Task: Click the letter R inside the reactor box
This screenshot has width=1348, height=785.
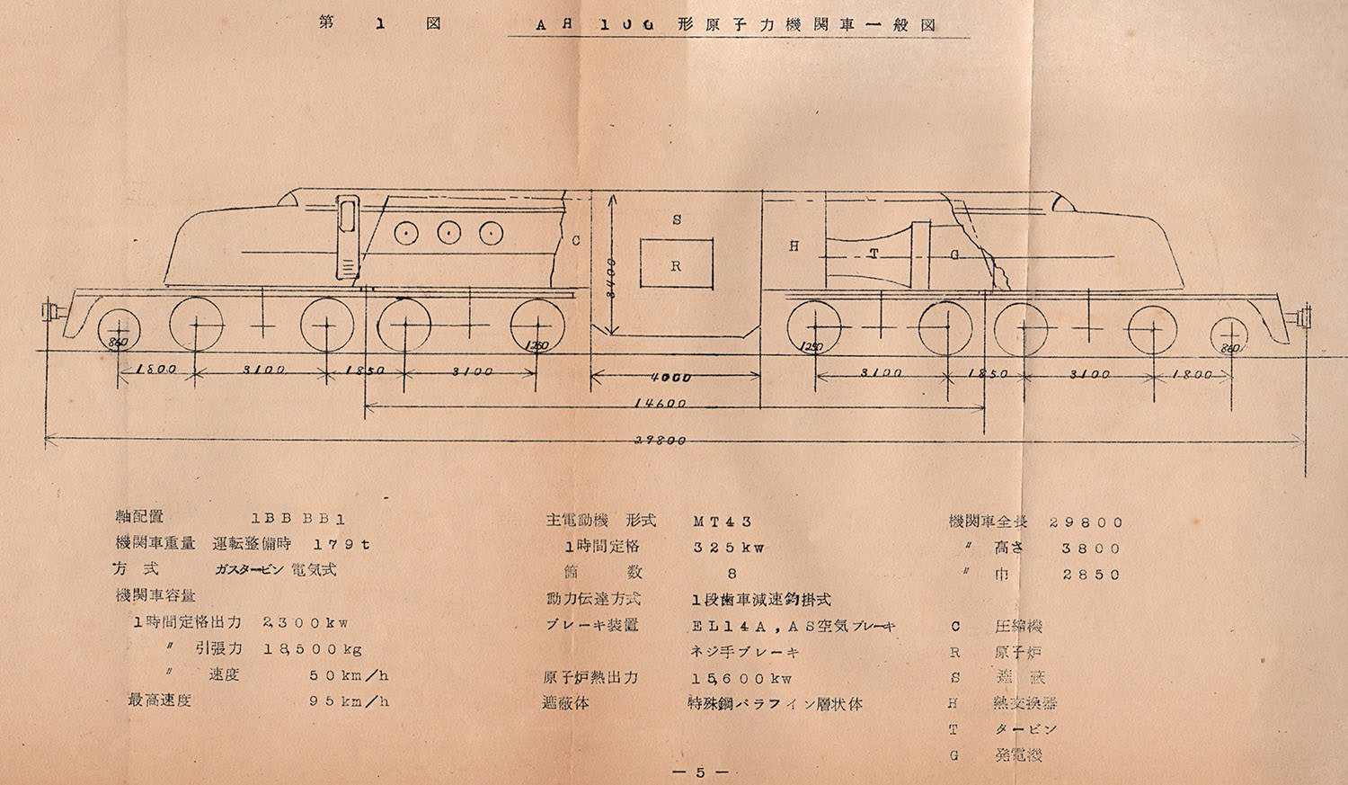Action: click(676, 266)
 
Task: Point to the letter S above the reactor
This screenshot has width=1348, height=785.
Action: click(677, 220)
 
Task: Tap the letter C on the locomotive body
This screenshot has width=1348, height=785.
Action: click(575, 240)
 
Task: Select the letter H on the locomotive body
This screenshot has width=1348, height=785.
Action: click(794, 245)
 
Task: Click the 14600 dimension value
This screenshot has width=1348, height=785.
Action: click(660, 404)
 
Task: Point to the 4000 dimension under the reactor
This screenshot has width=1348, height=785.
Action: click(671, 378)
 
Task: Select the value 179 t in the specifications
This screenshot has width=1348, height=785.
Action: click(341, 544)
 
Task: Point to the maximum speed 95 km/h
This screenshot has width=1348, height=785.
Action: click(349, 701)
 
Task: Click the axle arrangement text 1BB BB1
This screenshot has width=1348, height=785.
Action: click(298, 519)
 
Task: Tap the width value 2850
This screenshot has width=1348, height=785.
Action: click(1091, 575)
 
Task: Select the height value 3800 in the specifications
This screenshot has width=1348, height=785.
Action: click(1091, 548)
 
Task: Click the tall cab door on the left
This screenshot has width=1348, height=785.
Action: click(347, 236)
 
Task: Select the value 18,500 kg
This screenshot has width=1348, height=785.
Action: click(313, 648)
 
